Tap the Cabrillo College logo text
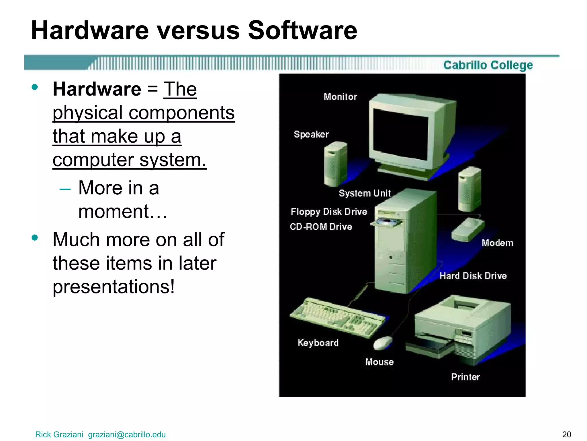click(488, 65)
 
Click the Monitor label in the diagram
click(340, 97)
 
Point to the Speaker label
click(311, 134)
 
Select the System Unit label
click(365, 193)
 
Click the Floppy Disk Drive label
click(329, 212)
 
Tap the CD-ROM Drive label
click(321, 227)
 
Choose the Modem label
click(497, 243)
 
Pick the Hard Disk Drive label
click(473, 276)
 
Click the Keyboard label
click(318, 343)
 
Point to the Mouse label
click(379, 362)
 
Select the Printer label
click(465, 377)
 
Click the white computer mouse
click(383, 343)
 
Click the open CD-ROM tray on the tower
click(386, 223)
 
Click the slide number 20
click(567, 434)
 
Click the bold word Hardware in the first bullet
click(97, 89)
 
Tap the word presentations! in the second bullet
click(114, 287)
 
